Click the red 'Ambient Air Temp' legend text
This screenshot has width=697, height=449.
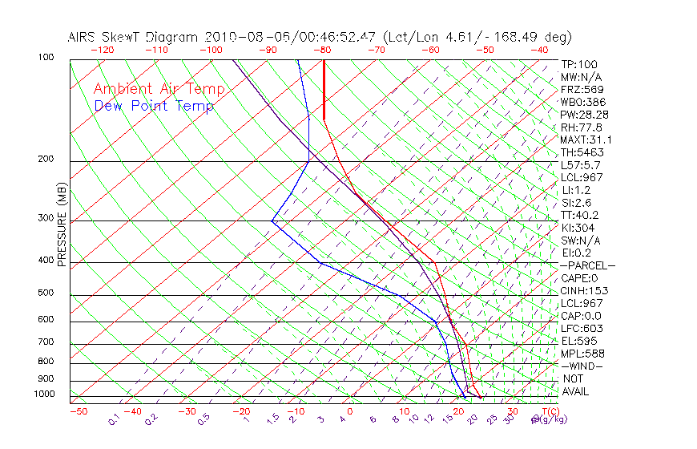tap(159, 89)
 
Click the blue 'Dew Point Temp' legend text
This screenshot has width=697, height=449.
tap(154, 106)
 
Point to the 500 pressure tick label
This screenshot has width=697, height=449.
tap(46, 293)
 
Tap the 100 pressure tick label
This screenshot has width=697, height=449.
tap(46, 58)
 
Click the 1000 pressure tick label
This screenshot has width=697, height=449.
tap(43, 394)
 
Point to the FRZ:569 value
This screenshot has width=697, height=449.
tap(583, 90)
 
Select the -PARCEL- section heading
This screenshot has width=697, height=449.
tap(588, 265)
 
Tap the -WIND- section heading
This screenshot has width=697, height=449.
tap(582, 366)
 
